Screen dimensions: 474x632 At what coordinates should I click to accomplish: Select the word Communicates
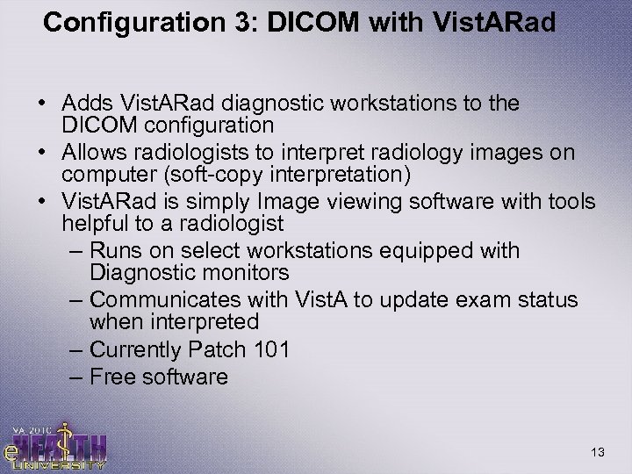pos(177,300)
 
